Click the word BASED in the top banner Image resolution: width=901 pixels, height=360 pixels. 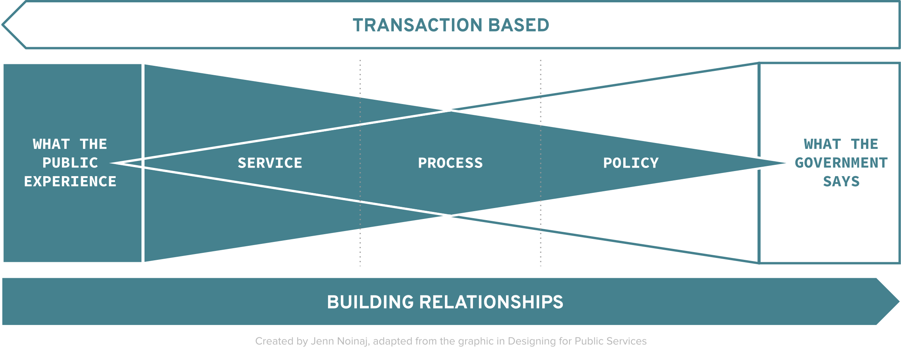519,25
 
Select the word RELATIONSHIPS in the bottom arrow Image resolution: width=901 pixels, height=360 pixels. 491,302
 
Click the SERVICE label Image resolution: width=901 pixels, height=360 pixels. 270,163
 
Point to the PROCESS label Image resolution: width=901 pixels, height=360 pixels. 450,163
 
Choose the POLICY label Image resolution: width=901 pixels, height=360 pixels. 631,163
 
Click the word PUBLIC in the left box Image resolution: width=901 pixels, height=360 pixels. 70,163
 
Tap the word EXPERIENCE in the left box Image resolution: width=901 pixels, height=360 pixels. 70,182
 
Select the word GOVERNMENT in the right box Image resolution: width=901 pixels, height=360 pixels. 841,163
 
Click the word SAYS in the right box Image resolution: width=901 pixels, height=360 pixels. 841,182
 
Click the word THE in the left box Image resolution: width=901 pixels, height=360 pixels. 93,144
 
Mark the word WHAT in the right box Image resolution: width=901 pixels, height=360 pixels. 822,144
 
